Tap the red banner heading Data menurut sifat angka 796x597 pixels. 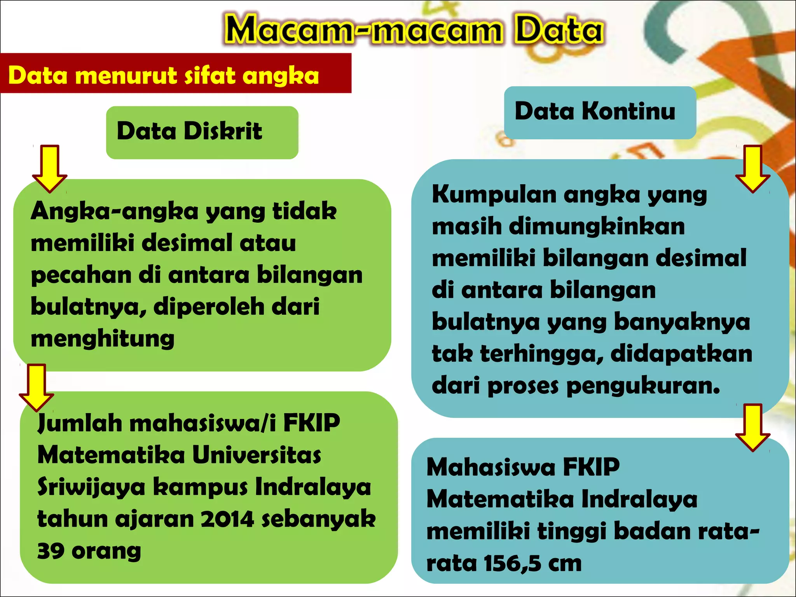163,75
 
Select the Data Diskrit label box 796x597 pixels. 202,132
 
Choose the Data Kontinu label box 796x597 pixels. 599,112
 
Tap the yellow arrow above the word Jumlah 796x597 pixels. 37,387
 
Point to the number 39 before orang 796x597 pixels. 51,551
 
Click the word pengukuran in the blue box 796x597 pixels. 643,386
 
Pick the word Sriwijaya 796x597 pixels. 91,488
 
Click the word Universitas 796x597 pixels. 257,456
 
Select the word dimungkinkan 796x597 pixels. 597,226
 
